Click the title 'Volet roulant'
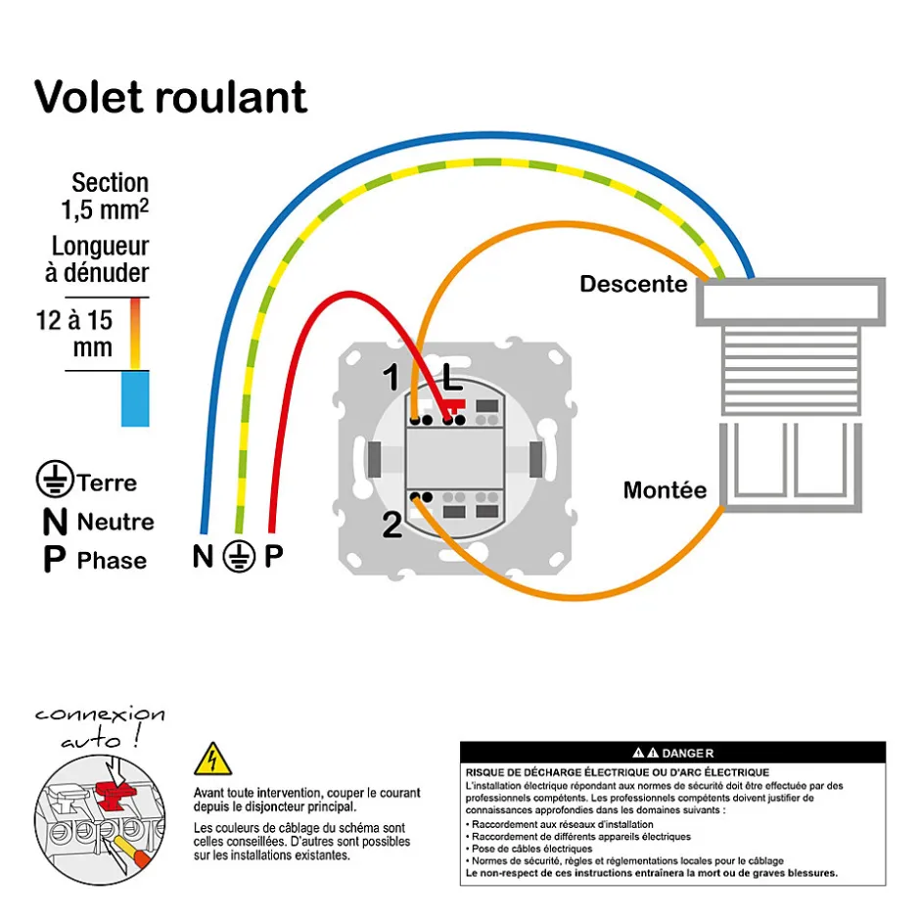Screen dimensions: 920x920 [x=171, y=97]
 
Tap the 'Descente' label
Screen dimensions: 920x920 [x=633, y=284]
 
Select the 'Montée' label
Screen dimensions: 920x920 [x=665, y=489]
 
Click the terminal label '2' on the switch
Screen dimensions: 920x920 [x=391, y=527]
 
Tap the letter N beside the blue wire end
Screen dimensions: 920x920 [x=203, y=558]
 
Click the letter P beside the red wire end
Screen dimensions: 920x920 [x=274, y=558]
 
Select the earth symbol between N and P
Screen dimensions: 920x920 [x=239, y=557]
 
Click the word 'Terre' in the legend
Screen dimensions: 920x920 [x=107, y=483]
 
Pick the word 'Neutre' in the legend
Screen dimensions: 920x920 [x=115, y=522]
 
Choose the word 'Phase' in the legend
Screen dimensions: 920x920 [x=112, y=561]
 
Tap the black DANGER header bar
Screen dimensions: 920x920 [x=672, y=753]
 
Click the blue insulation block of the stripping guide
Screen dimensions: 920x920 [x=135, y=398]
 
